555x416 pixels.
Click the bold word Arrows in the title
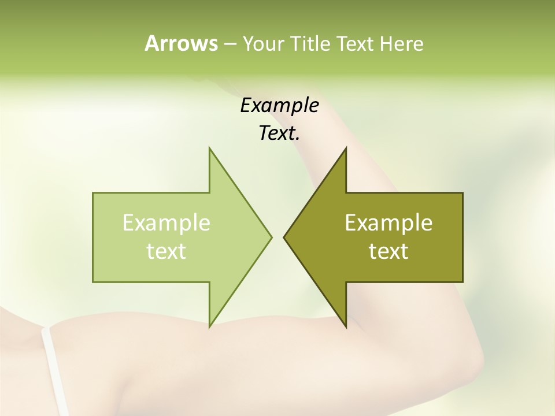tap(180, 43)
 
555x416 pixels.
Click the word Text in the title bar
tap(356, 44)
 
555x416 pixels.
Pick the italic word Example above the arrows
tap(279, 105)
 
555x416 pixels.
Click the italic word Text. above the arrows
tap(279, 133)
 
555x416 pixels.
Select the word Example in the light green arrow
tap(166, 223)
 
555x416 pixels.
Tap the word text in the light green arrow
tap(166, 251)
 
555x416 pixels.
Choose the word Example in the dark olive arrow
tap(388, 223)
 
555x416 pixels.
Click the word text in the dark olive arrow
tap(388, 251)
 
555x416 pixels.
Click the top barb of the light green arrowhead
tap(210, 151)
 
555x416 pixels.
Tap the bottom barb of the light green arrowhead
tap(210, 324)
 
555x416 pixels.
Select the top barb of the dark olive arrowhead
tap(345, 151)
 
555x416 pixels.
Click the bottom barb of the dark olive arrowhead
tap(345, 324)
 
